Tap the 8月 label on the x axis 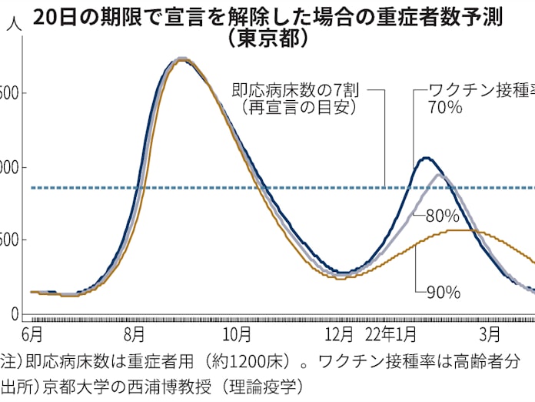click(x=134, y=335)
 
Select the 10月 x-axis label click(x=238, y=335)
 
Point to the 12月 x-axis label click(x=340, y=335)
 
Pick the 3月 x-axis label click(x=489, y=335)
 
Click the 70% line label click(x=444, y=108)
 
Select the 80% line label click(x=442, y=216)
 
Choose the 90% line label click(x=443, y=292)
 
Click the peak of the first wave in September click(x=181, y=59)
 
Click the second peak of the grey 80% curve click(x=440, y=176)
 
